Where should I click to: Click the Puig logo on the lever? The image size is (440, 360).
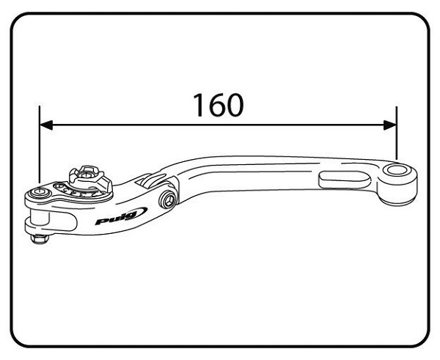coord(121,216)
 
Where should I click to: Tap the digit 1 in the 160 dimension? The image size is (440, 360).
coord(199,105)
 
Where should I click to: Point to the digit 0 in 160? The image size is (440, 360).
coord(235,105)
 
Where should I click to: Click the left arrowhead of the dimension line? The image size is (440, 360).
coord(46,125)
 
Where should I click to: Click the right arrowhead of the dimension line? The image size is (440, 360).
coord(390,125)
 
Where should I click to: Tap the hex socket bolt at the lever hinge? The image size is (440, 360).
coord(168,199)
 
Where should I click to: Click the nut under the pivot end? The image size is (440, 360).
coord(40,239)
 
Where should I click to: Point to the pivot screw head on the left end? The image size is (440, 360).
coord(40,193)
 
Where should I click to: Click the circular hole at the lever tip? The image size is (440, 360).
coord(396,170)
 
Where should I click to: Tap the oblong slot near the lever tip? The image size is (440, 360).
coord(344,180)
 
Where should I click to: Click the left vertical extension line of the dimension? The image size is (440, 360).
coord(40,144)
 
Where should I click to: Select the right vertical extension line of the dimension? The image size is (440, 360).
coord(397,133)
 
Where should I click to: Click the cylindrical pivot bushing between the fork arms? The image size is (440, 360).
coord(40,218)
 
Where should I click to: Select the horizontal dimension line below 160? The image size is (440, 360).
coord(218,125)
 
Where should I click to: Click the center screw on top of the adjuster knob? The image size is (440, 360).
coord(87,175)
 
